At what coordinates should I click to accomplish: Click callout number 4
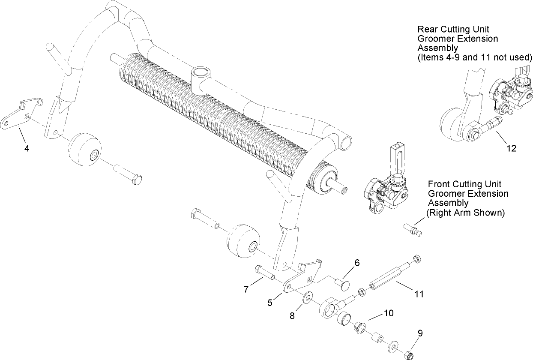[27, 149]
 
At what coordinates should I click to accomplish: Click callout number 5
[270, 303]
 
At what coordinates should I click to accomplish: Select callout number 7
[246, 290]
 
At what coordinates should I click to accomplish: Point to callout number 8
[292, 316]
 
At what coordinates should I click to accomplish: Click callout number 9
[420, 333]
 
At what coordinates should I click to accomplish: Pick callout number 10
[388, 313]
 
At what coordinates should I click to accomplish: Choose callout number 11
[419, 294]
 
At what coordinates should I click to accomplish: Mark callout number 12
[511, 149]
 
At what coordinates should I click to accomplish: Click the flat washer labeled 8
[307, 297]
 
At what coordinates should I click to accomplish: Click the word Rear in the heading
[427, 30]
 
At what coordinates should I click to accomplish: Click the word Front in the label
[439, 184]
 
